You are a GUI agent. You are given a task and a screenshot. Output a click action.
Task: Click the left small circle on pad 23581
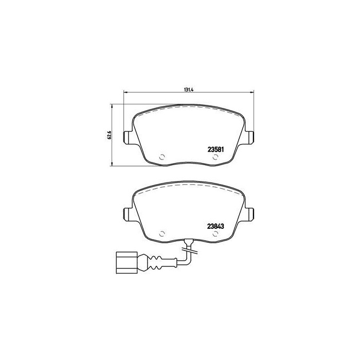tap(161, 157)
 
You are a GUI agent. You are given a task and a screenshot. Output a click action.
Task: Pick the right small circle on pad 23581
tap(215, 157)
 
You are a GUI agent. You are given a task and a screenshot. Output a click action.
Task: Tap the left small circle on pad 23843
tap(161, 233)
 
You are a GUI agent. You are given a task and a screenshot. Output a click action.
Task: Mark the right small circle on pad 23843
tap(215, 233)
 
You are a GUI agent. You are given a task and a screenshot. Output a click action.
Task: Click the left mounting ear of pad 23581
tap(127, 137)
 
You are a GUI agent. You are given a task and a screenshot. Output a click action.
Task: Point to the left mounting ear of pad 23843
tap(127, 213)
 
